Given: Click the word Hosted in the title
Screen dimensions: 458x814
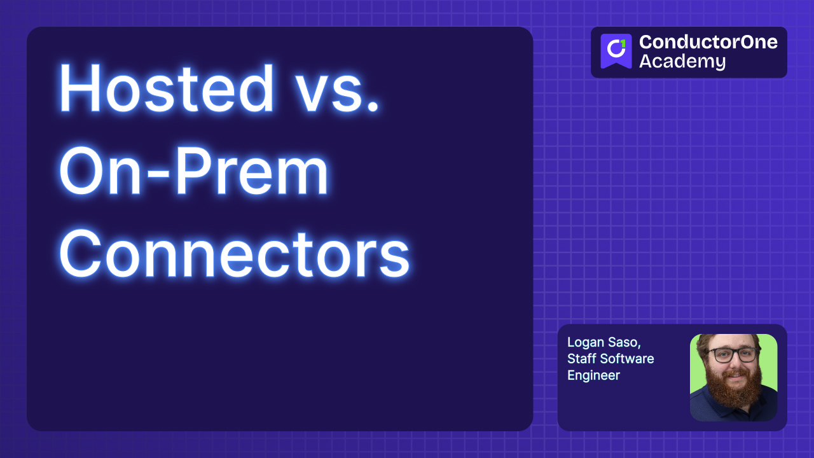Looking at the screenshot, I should tap(167, 89).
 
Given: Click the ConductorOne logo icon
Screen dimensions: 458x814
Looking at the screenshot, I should tap(616, 51).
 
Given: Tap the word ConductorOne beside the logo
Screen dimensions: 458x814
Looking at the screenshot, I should tap(708, 42).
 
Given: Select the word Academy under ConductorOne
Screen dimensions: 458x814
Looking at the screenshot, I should tap(682, 62).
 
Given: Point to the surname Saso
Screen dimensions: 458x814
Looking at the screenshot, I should tap(624, 343).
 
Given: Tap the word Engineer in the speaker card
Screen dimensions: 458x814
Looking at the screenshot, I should tap(593, 375).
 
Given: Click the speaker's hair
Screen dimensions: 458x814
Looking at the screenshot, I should tap(731, 338).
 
